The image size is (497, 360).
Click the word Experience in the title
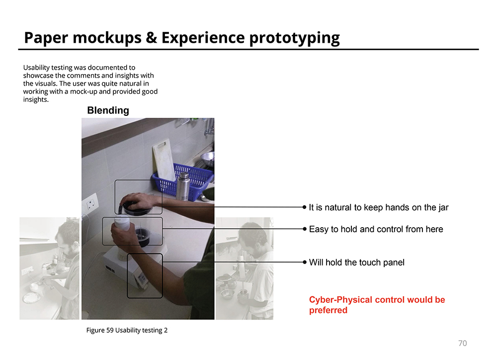203,38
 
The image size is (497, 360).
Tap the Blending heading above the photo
108,110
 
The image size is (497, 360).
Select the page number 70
462,343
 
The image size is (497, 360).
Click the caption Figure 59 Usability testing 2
127,330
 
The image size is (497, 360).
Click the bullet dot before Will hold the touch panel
305,263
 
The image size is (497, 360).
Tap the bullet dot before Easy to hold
305,229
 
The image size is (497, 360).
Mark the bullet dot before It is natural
305,207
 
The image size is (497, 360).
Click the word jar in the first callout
443,207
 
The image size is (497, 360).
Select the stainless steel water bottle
183,186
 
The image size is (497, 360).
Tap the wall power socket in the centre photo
90,204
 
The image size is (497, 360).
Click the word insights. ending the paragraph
36,99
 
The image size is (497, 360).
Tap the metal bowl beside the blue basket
207,159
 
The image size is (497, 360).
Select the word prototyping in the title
294,38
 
